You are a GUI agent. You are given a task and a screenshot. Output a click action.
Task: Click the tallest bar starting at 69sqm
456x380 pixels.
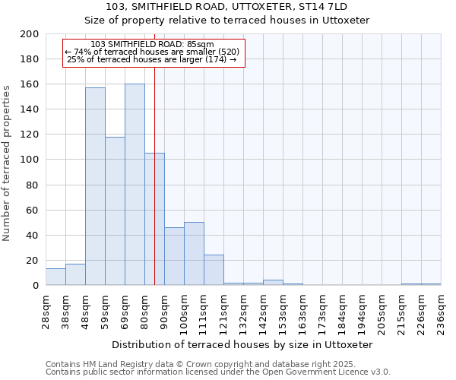click(x=135, y=185)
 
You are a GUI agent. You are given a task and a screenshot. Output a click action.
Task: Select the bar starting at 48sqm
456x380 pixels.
click(x=95, y=186)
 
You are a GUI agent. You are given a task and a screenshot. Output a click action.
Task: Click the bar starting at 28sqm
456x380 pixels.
click(x=55, y=277)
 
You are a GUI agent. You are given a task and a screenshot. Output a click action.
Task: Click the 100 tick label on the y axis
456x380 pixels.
click(x=30, y=160)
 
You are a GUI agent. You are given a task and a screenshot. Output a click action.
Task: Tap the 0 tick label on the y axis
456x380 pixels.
click(x=36, y=286)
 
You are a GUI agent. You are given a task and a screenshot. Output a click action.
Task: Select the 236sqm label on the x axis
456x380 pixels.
click(x=441, y=311)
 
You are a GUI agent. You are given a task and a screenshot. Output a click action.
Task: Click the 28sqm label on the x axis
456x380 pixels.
click(x=46, y=311)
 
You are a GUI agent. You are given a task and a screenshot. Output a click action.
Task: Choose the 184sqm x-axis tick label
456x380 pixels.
click(x=342, y=311)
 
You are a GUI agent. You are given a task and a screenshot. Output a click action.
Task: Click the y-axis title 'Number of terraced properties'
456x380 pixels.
click(x=7, y=163)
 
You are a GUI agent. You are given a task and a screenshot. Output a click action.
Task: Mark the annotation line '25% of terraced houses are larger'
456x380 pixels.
click(x=152, y=60)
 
